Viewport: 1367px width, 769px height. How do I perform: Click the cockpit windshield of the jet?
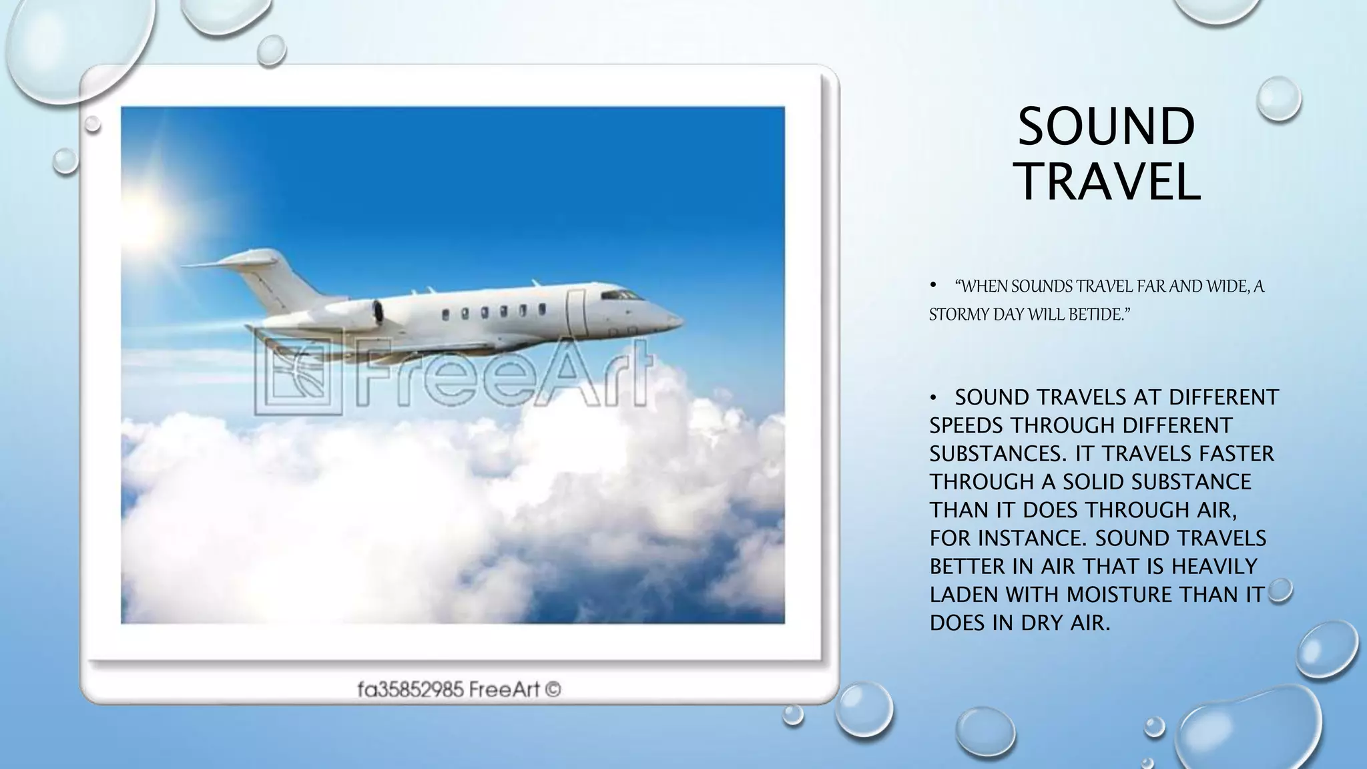tap(620, 294)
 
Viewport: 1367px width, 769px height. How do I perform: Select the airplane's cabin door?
tap(576, 312)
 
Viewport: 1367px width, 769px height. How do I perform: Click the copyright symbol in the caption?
tap(553, 689)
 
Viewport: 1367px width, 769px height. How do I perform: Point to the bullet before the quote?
tap(934, 286)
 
